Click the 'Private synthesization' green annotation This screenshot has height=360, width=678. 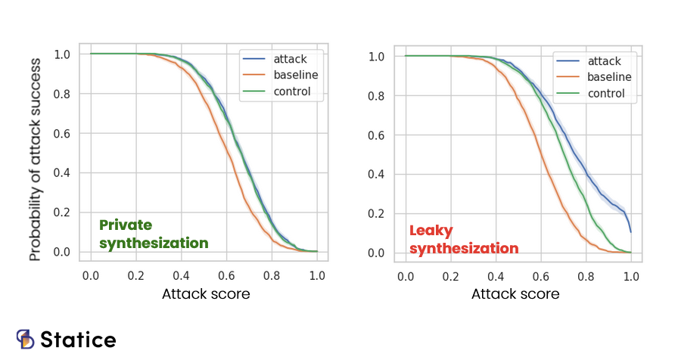(x=154, y=234)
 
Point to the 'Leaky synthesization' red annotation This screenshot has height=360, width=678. (x=464, y=239)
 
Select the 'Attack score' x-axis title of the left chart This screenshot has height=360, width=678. (x=206, y=293)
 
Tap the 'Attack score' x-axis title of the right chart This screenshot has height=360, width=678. (x=515, y=293)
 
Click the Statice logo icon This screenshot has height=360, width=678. (x=26, y=339)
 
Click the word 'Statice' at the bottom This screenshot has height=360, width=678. (x=78, y=340)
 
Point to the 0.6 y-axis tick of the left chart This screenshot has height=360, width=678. (x=63, y=133)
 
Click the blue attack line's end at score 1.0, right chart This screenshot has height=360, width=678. (x=630, y=231)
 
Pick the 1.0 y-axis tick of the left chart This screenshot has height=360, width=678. (x=63, y=54)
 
